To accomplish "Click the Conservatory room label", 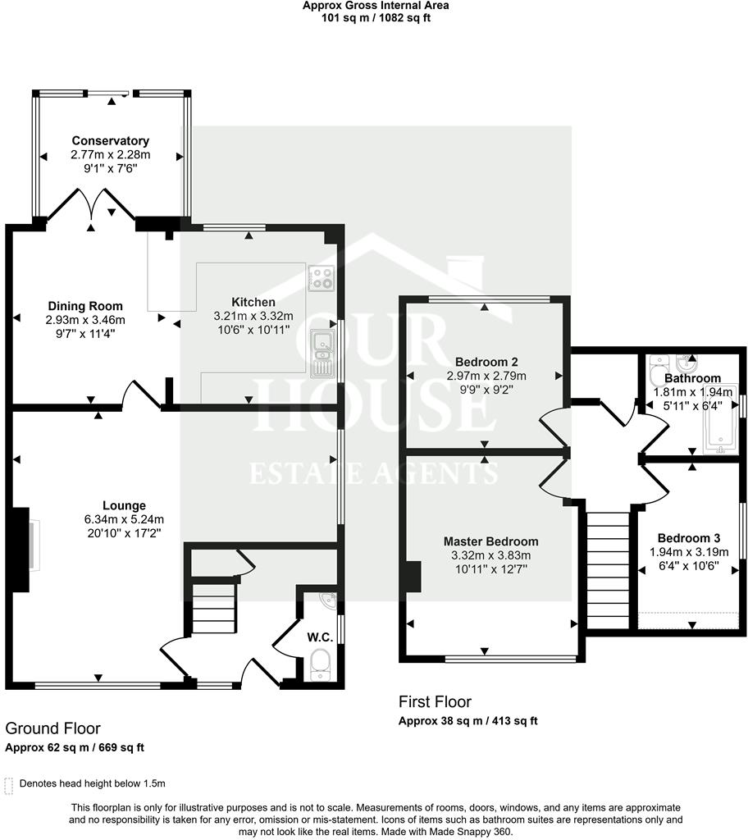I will click(110, 140).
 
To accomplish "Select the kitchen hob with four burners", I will click(321, 279).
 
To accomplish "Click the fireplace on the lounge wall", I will click(26, 547).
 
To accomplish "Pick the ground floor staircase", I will click(213, 607).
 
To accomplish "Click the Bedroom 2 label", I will click(486, 362).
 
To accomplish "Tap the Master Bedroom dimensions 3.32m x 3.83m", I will click(490, 555).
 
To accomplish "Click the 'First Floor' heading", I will click(435, 701).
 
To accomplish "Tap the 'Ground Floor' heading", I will click(53, 728).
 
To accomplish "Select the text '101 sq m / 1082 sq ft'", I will click(375, 18).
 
